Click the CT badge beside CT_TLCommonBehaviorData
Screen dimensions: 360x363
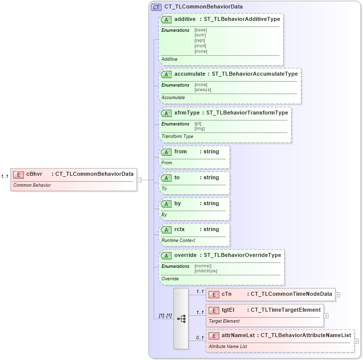pos(156,7)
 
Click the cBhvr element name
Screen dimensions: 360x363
pos(34,174)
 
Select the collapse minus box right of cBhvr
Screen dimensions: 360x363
pos(139,180)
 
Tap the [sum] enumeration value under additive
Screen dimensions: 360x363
pos(200,35)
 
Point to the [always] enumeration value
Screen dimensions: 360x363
pos(202,90)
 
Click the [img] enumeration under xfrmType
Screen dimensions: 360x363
pos(199,128)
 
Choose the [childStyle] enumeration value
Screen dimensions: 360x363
pos(205,271)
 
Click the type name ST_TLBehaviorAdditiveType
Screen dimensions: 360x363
pos(242,19)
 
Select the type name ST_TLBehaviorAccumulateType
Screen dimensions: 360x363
pos(255,74)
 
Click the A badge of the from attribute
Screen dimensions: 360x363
pos(166,151)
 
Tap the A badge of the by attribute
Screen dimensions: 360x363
pos(166,203)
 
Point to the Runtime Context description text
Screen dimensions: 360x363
pos(178,240)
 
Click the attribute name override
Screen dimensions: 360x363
pos(185,255)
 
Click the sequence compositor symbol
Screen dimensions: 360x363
pos(181,319)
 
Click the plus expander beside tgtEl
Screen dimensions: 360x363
pos(326,315)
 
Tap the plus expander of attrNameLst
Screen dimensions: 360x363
pos(357,341)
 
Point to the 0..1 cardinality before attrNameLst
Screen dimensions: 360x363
pos(200,338)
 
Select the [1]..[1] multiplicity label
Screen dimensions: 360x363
pos(165,316)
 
